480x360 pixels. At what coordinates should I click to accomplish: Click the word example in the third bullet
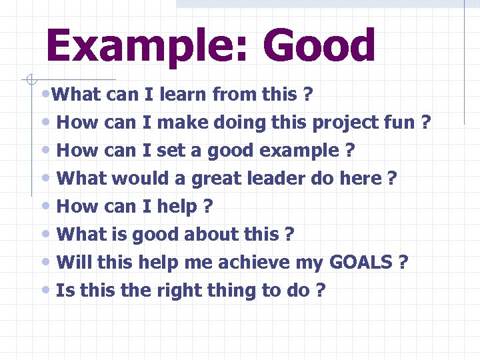coord(299,151)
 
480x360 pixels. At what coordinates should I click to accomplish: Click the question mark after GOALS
coord(403,263)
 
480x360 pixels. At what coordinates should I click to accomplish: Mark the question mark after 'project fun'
coord(426,123)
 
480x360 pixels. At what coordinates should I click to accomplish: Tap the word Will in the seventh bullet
coord(74,263)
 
